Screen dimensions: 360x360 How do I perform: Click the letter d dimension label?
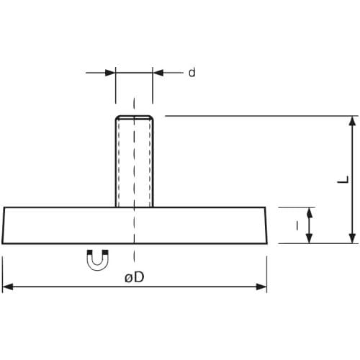(x=192, y=73)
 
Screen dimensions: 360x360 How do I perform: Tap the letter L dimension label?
(x=343, y=179)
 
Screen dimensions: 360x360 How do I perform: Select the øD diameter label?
(x=135, y=277)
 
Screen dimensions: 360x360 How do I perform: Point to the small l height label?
(x=297, y=225)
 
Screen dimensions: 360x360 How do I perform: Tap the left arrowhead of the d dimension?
(x=110, y=73)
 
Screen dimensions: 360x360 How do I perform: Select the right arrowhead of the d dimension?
(x=158, y=73)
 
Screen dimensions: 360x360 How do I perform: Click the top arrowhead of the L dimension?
(x=352, y=121)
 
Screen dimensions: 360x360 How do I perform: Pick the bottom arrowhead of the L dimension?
(x=352, y=238)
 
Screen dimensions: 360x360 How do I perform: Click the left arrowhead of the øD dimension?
(x=8, y=287)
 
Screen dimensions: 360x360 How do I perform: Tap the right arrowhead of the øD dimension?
(x=261, y=287)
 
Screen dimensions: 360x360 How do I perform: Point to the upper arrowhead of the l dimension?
(x=310, y=213)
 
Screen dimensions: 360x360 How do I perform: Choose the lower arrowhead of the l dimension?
(x=310, y=238)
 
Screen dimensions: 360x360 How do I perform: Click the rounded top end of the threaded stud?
(x=135, y=117)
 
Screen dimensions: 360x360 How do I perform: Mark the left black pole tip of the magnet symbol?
(x=90, y=253)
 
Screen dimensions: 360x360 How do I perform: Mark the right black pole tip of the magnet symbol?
(x=106, y=253)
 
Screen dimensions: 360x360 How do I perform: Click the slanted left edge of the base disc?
(x=3, y=225)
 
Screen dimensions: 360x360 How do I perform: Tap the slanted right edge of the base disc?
(x=266, y=225)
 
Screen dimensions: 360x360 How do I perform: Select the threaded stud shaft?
(x=135, y=161)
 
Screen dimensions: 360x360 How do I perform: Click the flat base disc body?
(x=135, y=225)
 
